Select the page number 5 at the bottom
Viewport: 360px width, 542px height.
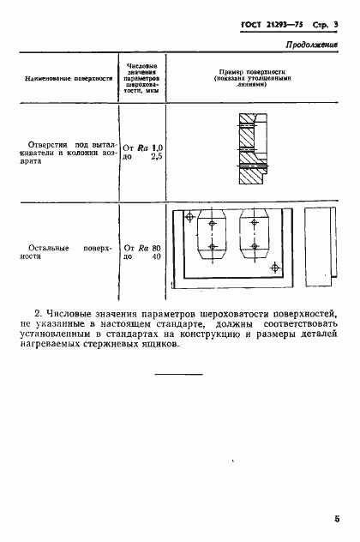pos(338,518)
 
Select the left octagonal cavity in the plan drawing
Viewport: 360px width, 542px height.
pos(212,235)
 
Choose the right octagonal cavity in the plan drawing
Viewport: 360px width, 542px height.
pos(255,235)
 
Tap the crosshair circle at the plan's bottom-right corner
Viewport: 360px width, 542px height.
pos(274,268)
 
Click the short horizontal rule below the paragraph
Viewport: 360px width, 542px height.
pos(179,374)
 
